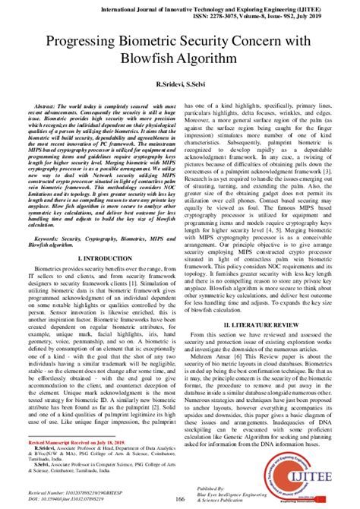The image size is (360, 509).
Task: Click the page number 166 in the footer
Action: (179, 498)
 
